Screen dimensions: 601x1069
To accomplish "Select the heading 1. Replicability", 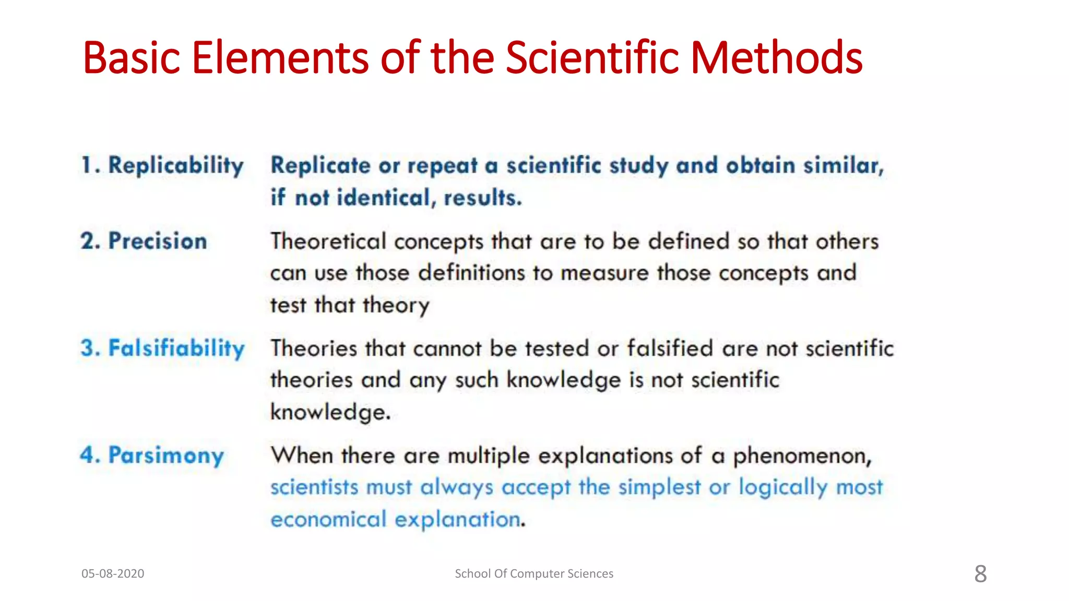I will (162, 166).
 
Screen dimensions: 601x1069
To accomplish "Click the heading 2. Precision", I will (144, 242).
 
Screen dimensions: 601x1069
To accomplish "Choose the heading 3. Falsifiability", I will (162, 348).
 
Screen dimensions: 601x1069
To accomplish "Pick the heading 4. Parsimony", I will (152, 455).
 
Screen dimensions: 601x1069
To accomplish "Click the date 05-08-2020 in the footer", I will (113, 573).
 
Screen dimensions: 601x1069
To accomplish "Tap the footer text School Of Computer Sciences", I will (534, 573).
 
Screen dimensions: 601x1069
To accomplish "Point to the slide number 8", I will (980, 574).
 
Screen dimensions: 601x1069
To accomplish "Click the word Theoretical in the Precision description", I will (328, 242).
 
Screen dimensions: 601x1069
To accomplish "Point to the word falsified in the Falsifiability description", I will (670, 348).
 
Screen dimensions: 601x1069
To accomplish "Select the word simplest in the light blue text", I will (659, 487).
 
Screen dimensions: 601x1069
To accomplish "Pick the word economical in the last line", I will (328, 520).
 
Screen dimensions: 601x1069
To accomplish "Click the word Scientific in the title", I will (592, 57).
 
